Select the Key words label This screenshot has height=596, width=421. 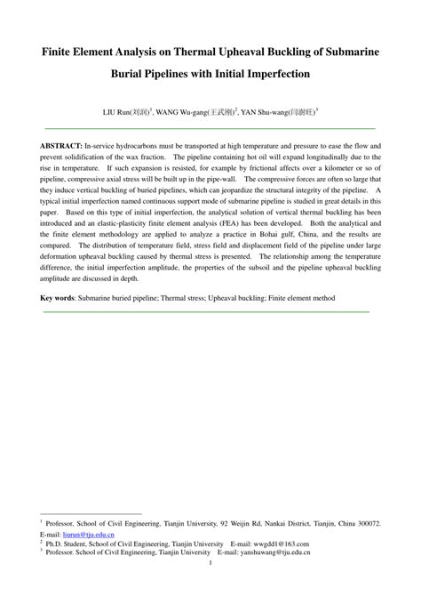[60, 297]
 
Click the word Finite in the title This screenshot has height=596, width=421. [60, 53]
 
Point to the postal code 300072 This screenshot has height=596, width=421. [364, 525]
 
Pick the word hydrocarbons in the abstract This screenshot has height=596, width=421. [144, 144]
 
